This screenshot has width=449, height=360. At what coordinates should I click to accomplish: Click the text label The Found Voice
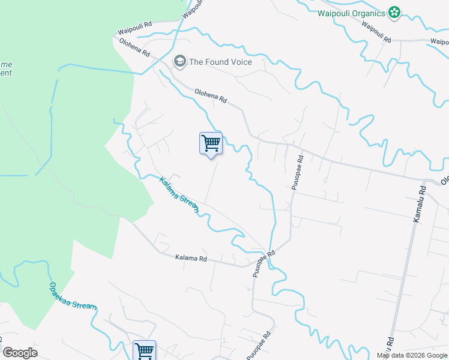[x=220, y=62]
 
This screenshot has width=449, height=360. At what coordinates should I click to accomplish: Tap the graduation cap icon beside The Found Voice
[x=179, y=61]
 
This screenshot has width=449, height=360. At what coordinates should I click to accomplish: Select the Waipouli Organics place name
[x=351, y=13]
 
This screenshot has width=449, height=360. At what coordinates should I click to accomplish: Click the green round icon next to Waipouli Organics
[x=394, y=13]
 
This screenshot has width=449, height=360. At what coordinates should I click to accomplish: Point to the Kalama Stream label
[x=178, y=195]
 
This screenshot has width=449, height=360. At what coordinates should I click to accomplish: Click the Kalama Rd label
[x=191, y=259]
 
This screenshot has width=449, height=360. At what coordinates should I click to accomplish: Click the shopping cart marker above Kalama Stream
[x=211, y=143]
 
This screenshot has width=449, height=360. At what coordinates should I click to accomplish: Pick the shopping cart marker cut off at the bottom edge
[x=144, y=351]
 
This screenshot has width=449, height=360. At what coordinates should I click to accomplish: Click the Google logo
[x=20, y=353]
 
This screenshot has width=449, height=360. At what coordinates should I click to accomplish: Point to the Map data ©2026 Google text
[x=412, y=355]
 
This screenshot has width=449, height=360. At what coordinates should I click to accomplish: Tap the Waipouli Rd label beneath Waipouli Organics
[x=376, y=32]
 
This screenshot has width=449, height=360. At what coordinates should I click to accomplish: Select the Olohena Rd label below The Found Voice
[x=210, y=95]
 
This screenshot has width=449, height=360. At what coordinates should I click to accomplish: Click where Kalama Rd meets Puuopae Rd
[x=251, y=265]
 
